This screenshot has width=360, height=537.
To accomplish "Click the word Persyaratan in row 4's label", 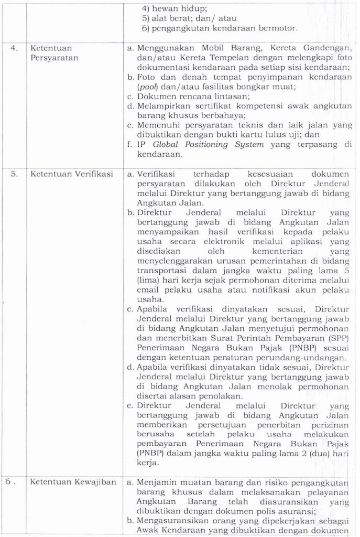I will coord(55,58).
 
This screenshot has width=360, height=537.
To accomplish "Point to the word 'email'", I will coord(149,290).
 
